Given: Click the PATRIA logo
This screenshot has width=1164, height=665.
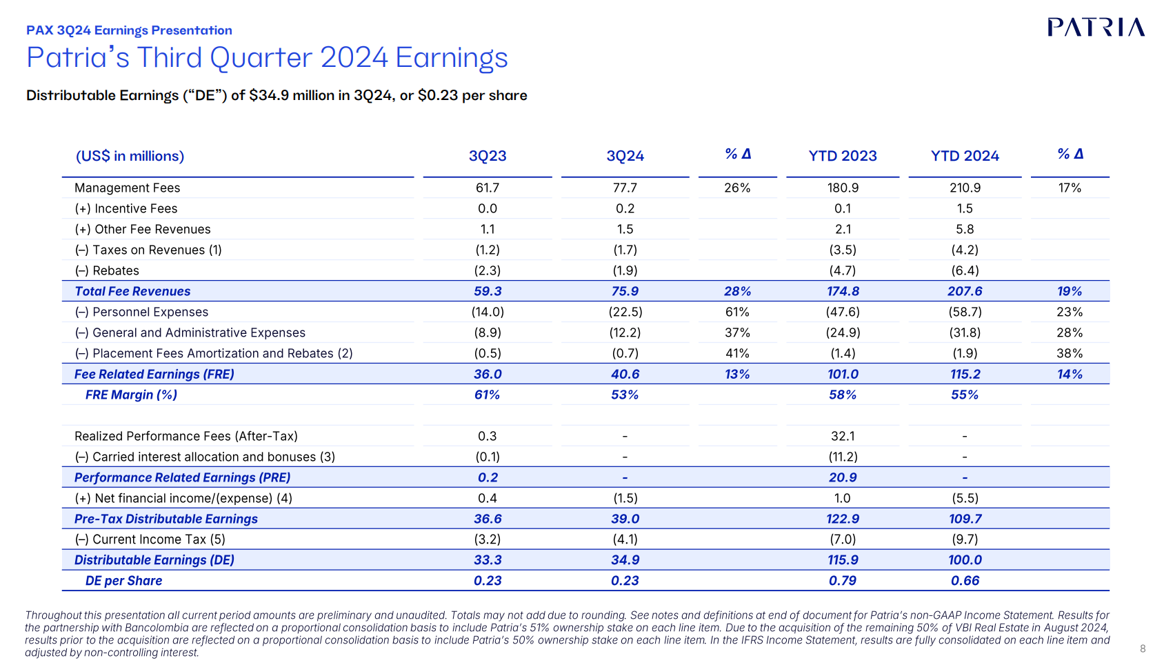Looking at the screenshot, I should point(1096,28).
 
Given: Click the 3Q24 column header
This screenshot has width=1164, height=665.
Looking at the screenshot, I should point(625,156).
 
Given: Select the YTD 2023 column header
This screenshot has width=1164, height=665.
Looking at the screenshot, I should point(843,156).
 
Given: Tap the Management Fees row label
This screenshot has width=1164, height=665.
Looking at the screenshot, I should point(127,188).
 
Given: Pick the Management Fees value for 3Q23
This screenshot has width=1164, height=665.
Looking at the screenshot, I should point(488,188).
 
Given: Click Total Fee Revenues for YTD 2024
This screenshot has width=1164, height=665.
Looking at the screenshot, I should point(965,291).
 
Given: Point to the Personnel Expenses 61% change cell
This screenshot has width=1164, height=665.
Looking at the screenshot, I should point(737,312).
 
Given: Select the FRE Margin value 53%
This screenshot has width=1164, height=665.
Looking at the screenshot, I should point(625,395).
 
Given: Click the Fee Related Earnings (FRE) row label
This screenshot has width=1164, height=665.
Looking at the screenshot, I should point(154,374).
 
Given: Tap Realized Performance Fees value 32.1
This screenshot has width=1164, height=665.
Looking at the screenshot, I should point(843,436).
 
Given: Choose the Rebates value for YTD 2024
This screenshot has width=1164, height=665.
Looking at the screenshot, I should point(965,270).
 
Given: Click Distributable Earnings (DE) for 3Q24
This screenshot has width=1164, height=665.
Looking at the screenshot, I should point(625,560).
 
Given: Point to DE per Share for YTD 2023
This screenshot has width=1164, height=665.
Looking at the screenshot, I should point(843,581).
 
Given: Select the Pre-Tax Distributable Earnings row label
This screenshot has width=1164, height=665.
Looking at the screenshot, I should point(165,519).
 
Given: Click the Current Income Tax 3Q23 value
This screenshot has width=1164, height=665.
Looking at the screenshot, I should point(488,539).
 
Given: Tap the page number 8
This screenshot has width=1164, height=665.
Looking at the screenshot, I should point(1143,648).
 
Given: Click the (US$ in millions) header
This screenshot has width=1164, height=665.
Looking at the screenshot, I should point(130,156).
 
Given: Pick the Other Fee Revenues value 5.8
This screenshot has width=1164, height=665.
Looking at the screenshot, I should point(965,229).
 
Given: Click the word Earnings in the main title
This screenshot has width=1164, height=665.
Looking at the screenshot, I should point(452,58).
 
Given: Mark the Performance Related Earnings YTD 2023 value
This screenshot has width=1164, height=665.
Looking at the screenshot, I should point(843,477).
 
